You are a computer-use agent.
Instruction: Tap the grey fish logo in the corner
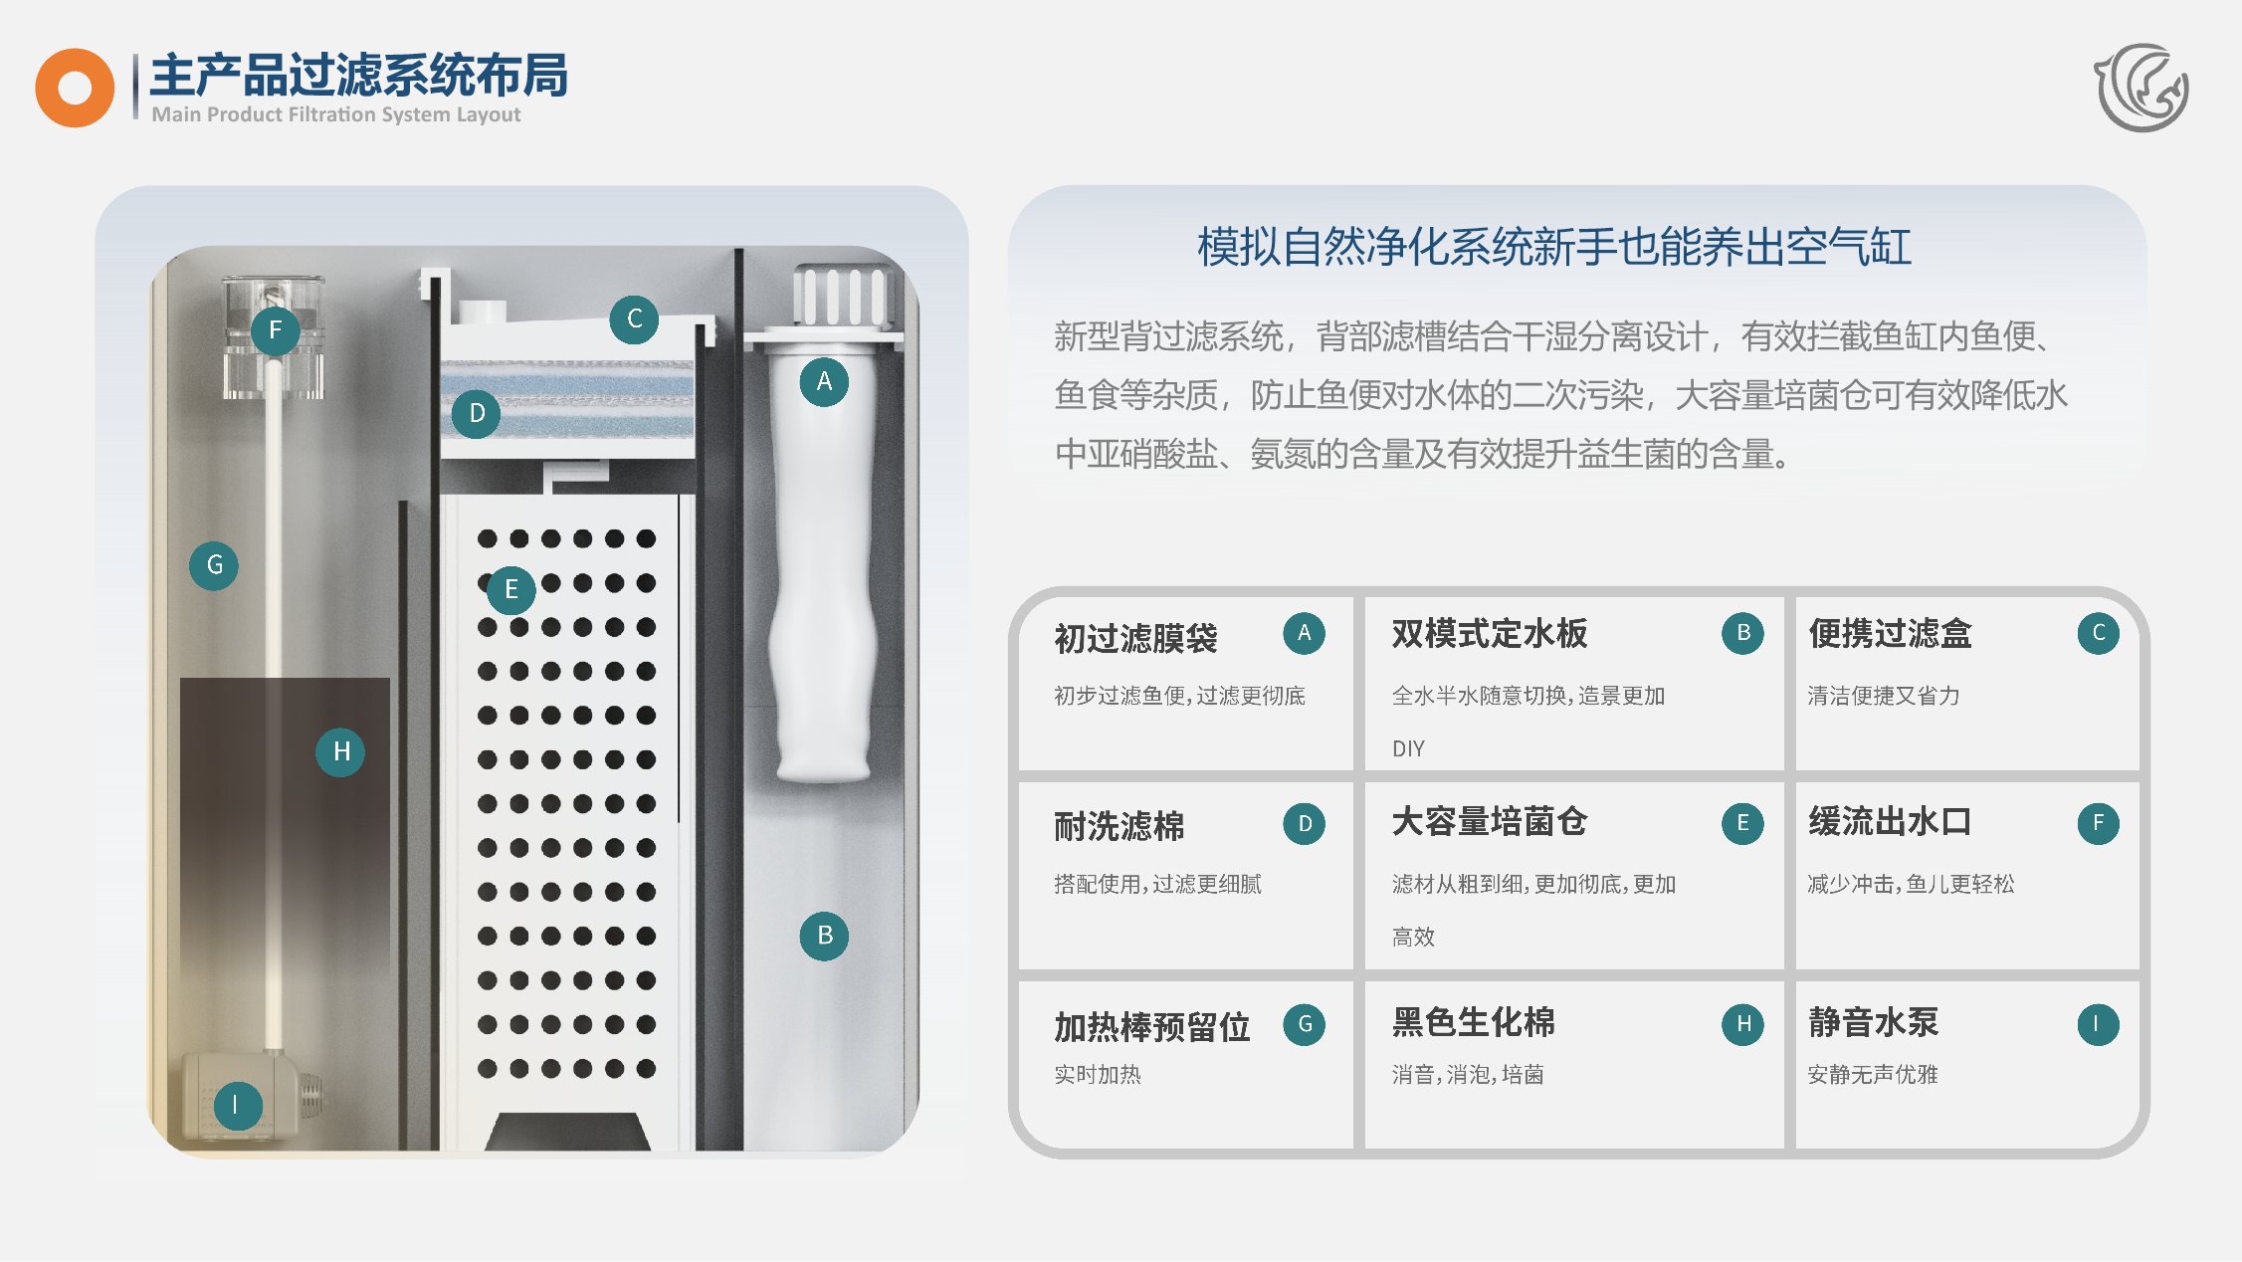coord(2142,88)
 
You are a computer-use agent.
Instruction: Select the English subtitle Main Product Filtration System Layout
coord(336,114)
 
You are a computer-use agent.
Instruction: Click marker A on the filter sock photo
coord(824,382)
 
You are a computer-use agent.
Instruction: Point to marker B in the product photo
coord(824,936)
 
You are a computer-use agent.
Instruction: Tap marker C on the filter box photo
coord(634,319)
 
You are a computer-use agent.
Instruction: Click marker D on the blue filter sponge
coord(477,413)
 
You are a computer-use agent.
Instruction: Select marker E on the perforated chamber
coord(511,590)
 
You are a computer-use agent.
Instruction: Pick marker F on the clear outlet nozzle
coord(276,330)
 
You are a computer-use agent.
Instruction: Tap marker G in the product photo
coord(214,565)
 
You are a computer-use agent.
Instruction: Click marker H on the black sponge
coord(340,751)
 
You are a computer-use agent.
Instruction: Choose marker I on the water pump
coord(238,1106)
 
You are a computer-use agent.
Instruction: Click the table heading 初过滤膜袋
coord(1135,638)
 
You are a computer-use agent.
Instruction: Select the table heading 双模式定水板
coord(1490,633)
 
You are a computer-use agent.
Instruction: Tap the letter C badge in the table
coord(2098,633)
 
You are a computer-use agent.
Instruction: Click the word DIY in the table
coord(1408,748)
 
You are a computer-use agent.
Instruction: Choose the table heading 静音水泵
coord(1873,1022)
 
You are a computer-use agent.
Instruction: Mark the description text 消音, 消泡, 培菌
coord(1468,1075)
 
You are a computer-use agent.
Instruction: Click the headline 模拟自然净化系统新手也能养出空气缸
coord(1554,247)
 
